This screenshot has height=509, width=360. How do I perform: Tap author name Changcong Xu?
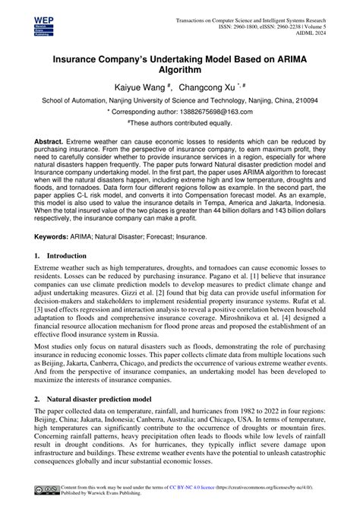(x=210, y=87)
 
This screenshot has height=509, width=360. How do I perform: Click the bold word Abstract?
(x=49, y=142)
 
